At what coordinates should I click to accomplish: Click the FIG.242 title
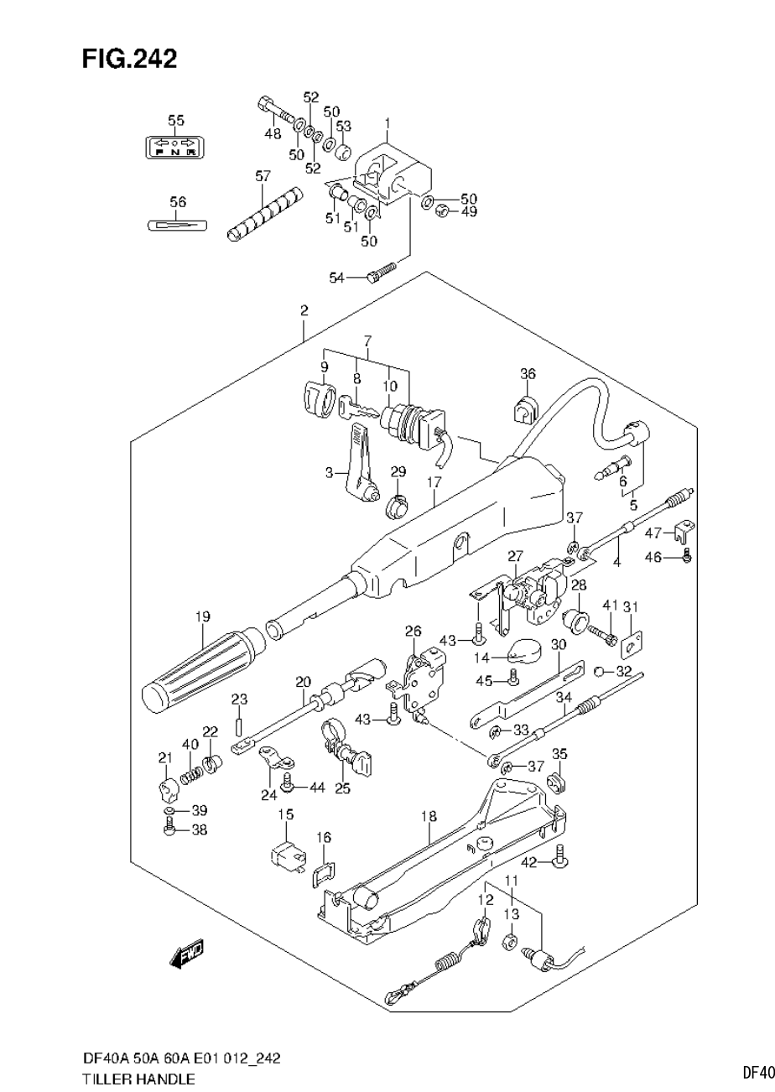click(x=129, y=59)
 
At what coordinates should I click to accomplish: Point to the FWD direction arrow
click(x=188, y=954)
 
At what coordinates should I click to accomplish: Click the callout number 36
click(x=527, y=374)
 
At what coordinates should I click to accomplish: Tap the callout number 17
click(x=433, y=482)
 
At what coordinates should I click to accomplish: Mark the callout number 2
click(x=304, y=310)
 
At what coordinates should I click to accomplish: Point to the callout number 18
click(x=429, y=815)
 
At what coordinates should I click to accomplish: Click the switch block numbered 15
click(x=285, y=855)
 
